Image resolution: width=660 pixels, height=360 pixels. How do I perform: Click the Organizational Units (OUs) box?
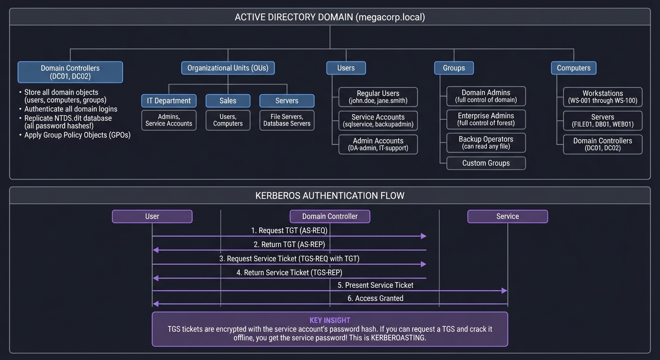[228, 68]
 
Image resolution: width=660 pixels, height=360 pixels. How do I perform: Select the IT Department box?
[169, 101]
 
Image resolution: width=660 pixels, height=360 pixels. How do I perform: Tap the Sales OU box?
[228, 101]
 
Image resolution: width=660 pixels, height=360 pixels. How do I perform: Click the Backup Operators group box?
[486, 142]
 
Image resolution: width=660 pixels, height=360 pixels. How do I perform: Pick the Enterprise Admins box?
[486, 119]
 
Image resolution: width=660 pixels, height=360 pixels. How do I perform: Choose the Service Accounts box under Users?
[378, 121]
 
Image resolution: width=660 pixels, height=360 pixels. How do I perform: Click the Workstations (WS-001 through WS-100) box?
[602, 97]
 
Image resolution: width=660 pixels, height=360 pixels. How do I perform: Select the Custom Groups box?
[486, 163]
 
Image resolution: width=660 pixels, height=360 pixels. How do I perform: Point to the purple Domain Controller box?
[330, 216]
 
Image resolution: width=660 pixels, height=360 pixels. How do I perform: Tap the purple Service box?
[507, 216]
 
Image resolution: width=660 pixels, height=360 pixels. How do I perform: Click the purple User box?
[152, 216]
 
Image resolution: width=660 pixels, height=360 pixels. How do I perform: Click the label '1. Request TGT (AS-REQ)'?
[289, 231]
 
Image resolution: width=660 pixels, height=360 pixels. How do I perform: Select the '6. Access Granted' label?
[375, 298]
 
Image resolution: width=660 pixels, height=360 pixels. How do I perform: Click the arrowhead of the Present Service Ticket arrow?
[504, 291]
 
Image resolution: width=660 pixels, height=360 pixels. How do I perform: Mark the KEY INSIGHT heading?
[330, 320]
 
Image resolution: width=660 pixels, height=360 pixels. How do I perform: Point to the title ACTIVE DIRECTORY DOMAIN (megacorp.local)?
[330, 17]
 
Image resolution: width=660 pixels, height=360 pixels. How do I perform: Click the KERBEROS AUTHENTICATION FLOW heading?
[330, 195]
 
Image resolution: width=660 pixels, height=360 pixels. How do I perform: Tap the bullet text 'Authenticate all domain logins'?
[71, 109]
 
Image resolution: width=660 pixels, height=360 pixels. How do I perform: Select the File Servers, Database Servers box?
[287, 120]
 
